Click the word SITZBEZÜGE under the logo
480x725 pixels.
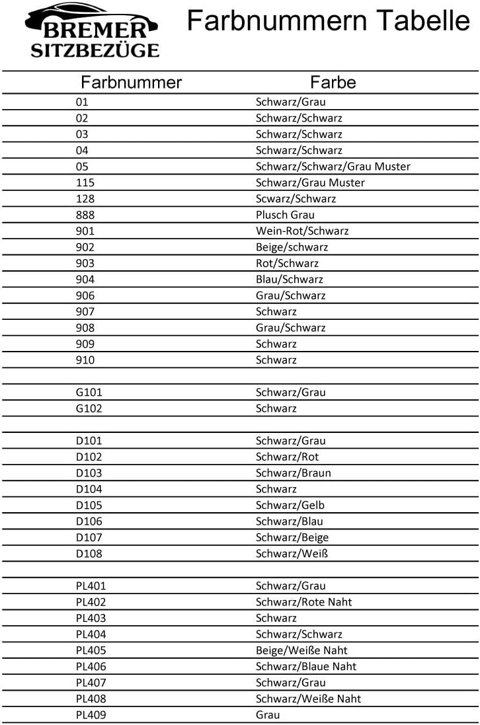[x=95, y=50]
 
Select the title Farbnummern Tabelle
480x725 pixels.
[x=328, y=21]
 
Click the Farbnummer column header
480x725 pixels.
[x=131, y=83]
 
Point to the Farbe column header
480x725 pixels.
[x=333, y=83]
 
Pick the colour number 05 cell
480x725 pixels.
[x=82, y=167]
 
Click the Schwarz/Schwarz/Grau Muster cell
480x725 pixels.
[x=333, y=167]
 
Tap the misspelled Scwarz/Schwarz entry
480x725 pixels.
[x=296, y=199]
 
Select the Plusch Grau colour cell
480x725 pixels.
[x=285, y=215]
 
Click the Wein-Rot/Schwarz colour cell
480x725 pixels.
[x=302, y=231]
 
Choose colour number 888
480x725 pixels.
[x=85, y=215]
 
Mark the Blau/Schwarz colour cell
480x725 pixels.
[x=290, y=280]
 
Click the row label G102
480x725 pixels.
[x=89, y=408]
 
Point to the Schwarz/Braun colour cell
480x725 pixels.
[x=293, y=473]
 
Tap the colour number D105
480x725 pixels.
[x=89, y=506]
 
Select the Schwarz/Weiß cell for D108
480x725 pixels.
[x=292, y=554]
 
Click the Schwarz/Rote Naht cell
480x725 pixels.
[x=303, y=602]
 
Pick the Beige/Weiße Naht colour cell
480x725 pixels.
[x=301, y=650]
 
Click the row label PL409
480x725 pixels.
[x=91, y=715]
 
